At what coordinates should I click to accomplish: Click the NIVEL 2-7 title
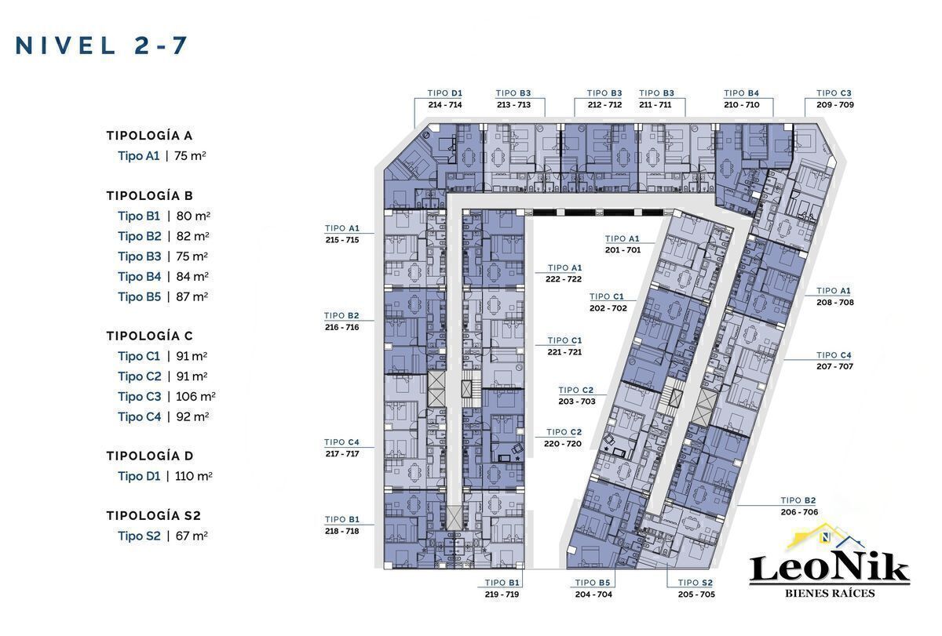point(101,45)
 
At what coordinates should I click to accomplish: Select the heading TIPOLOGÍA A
point(149,136)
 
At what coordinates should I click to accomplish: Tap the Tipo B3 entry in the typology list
point(139,256)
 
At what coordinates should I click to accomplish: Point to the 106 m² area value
point(195,396)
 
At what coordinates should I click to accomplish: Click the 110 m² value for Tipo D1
point(193,476)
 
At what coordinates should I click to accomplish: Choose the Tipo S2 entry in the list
point(139,536)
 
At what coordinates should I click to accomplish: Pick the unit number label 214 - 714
point(445,104)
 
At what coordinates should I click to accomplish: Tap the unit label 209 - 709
point(835,104)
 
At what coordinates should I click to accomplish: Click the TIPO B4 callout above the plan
point(741,93)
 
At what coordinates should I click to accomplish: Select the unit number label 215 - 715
point(342,240)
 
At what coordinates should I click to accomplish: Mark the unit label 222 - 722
point(564,279)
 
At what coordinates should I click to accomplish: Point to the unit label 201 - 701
point(623,250)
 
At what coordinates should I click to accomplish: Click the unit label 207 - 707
point(834,366)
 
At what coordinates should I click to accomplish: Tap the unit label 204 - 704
point(593,594)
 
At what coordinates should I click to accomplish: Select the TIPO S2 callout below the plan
point(696,583)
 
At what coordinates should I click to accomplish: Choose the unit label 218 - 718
point(342,531)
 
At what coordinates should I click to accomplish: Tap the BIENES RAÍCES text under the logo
point(831,593)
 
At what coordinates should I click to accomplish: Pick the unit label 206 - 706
point(799,512)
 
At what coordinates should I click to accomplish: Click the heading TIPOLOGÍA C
point(149,336)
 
